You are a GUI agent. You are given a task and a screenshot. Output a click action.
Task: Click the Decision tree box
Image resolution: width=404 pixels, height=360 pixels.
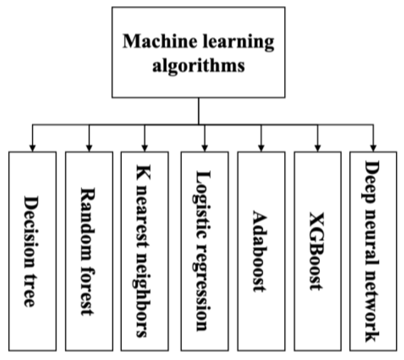[x=32, y=251]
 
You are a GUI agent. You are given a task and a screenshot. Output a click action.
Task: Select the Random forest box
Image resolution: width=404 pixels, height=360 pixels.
[x=89, y=251]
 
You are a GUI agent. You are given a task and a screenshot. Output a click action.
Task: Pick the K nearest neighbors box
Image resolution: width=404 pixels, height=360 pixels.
[x=145, y=251]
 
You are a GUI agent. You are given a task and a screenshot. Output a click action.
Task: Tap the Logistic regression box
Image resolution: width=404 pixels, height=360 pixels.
[x=204, y=251]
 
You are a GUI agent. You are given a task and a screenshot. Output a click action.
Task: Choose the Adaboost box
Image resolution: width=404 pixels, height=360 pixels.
[x=261, y=251]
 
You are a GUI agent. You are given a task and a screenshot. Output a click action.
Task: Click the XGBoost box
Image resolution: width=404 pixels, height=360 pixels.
[x=318, y=251]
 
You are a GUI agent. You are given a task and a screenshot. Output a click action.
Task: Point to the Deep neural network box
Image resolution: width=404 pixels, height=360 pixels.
[x=373, y=251]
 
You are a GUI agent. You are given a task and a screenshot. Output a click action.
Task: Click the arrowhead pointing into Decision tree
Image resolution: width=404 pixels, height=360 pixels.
[x=32, y=148]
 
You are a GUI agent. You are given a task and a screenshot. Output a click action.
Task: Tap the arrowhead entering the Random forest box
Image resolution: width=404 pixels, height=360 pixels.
[x=89, y=148]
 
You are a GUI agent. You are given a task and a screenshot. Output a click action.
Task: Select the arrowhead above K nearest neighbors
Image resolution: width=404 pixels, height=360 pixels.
[x=145, y=148]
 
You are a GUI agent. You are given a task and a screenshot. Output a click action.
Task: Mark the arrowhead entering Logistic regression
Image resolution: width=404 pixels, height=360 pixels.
[x=205, y=148]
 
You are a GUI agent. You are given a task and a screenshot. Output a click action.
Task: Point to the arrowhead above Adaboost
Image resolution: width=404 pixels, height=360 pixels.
[x=261, y=148]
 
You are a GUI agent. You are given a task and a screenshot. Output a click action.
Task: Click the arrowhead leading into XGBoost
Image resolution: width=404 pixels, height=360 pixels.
[x=318, y=148]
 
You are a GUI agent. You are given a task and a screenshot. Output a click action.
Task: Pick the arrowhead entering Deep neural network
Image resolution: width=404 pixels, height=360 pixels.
[x=373, y=148]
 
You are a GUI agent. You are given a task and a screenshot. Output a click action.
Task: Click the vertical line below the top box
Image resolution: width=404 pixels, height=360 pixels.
[x=198, y=111]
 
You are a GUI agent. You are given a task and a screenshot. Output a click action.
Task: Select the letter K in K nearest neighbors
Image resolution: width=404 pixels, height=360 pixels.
[x=143, y=172]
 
